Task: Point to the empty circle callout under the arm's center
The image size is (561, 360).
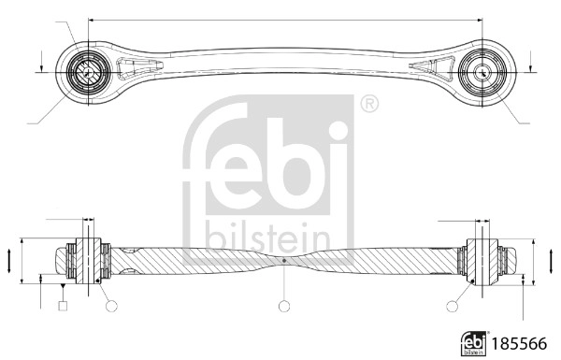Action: tap(284, 305)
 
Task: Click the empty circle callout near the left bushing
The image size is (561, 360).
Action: tap(111, 305)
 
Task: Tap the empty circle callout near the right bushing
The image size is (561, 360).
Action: tap(454, 305)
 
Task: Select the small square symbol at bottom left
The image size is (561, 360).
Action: tap(62, 305)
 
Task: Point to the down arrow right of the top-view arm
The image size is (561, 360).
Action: tap(530, 65)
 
